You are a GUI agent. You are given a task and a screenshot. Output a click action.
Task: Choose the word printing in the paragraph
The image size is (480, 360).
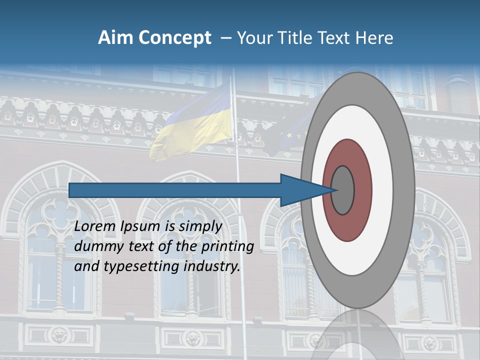(x=227, y=246)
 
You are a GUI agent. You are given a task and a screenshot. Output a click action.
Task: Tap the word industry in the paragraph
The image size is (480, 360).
(x=212, y=266)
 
